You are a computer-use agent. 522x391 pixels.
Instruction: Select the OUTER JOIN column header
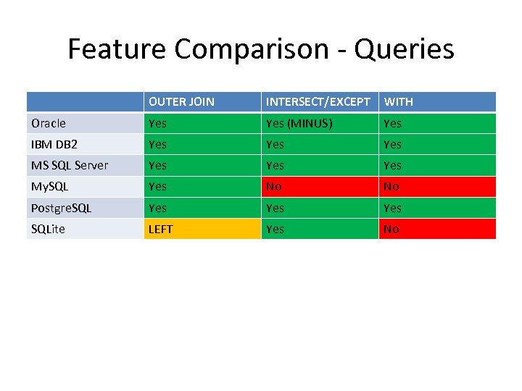(181, 101)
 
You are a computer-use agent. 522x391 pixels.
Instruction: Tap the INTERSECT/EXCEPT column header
(318, 101)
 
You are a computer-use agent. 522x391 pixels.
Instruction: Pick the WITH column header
(399, 101)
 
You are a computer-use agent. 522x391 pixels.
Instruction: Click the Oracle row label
(49, 123)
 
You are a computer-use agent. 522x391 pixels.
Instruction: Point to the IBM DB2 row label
(54, 144)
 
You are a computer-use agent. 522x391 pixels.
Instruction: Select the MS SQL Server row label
(70, 165)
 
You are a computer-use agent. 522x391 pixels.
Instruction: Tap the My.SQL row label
(49, 186)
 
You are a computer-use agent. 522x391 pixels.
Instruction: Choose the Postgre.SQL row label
(62, 208)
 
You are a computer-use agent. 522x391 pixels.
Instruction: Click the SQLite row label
(49, 229)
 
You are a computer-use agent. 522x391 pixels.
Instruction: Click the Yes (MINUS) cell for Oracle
(299, 123)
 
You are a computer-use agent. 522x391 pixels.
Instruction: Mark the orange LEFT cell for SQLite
(202, 229)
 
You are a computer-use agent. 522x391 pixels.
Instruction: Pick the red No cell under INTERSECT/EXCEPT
(319, 186)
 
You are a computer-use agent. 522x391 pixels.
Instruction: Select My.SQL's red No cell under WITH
(436, 186)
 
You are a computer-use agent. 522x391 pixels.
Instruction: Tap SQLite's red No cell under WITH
(436, 229)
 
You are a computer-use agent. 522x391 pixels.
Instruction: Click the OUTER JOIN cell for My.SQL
(202, 186)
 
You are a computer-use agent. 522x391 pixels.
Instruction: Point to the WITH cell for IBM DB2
(436, 144)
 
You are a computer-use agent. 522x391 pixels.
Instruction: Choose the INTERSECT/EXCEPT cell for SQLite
(319, 229)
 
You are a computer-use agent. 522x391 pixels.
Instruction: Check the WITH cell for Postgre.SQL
(436, 208)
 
